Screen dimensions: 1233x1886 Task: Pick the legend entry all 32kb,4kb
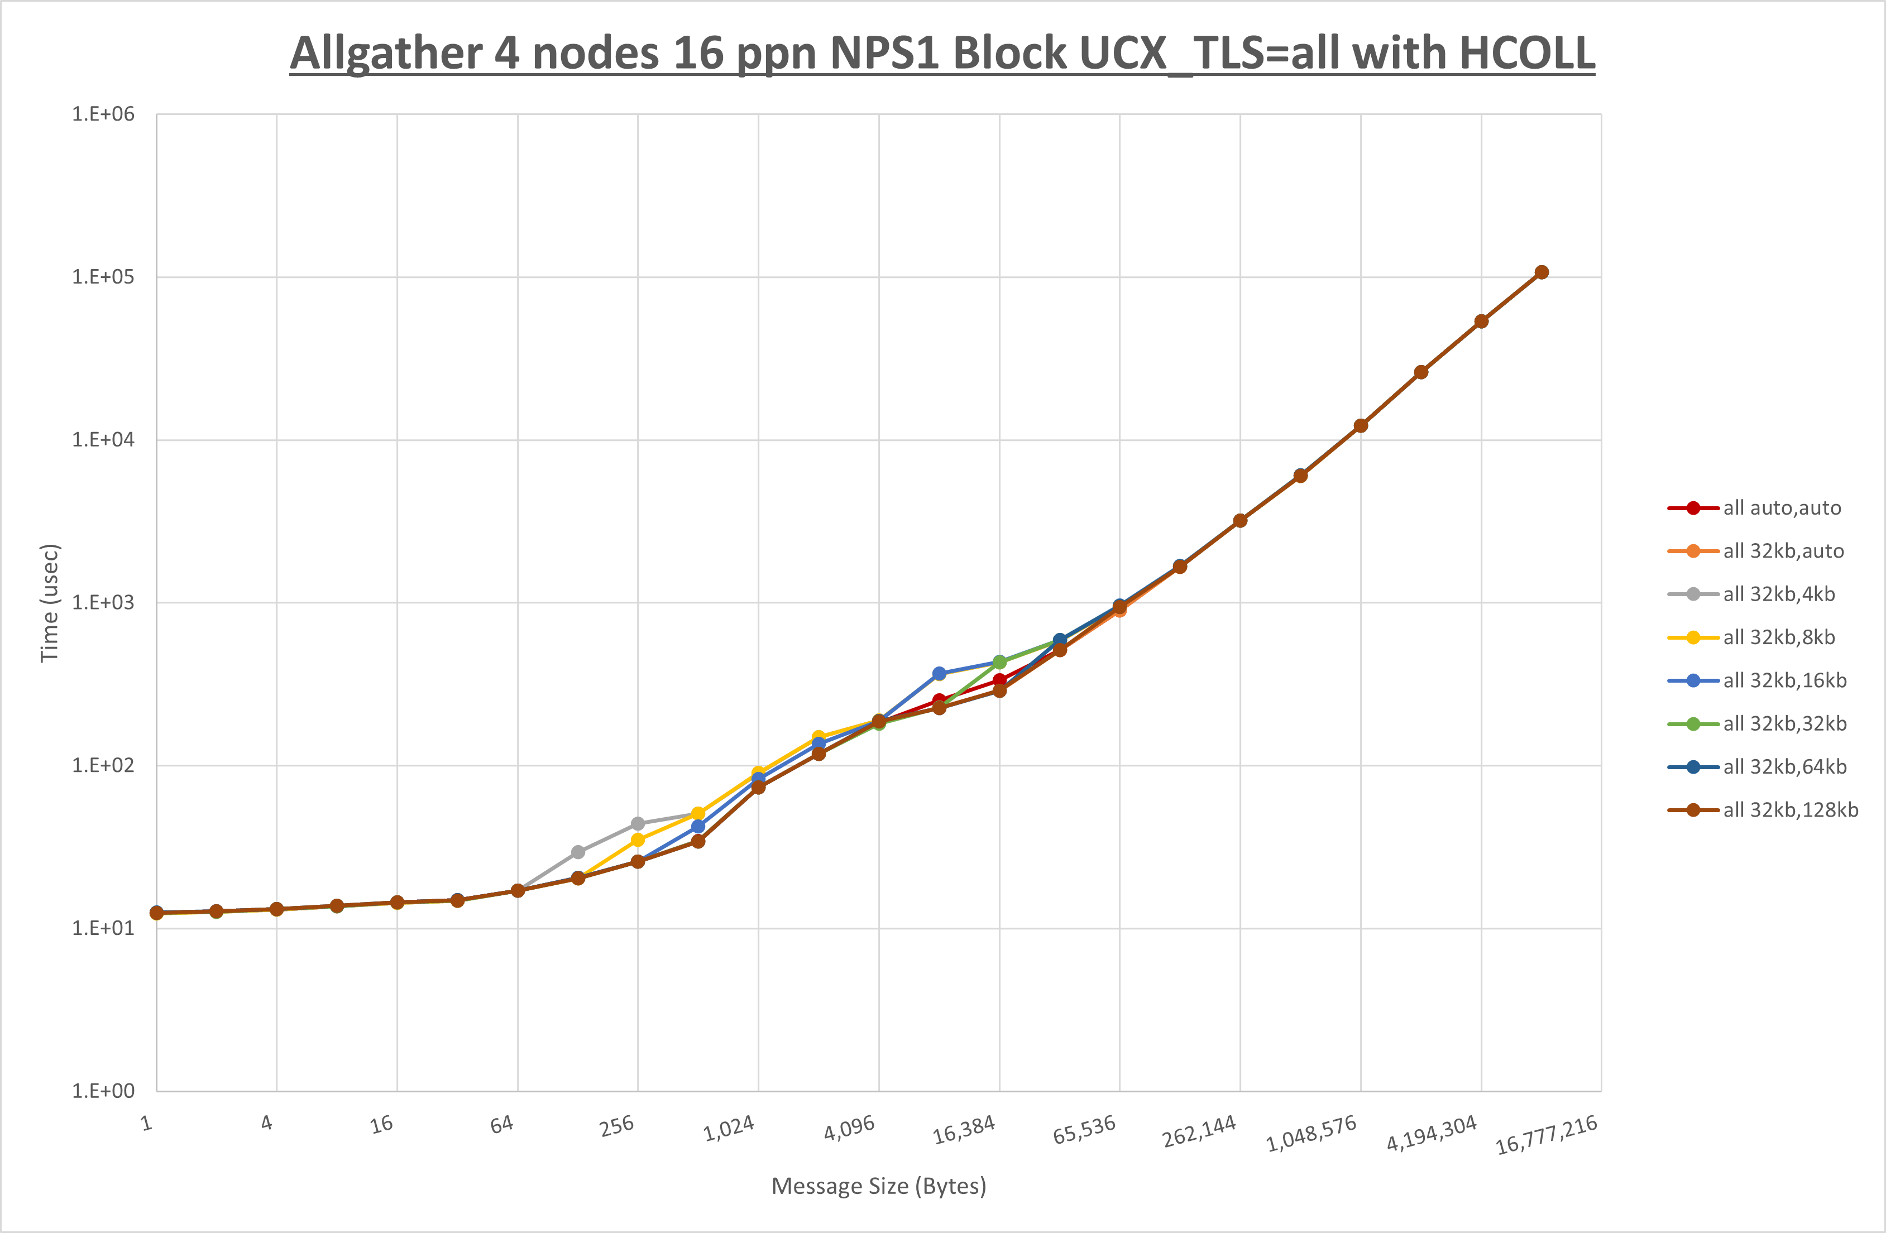[1778, 594]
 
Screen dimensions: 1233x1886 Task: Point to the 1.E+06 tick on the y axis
[103, 114]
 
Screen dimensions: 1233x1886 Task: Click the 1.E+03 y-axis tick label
[103, 602]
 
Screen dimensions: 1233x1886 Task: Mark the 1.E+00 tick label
[103, 1091]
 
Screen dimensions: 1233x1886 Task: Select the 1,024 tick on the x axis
[729, 1128]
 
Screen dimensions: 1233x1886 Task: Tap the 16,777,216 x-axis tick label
[1545, 1135]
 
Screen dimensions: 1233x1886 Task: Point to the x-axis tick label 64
[501, 1124]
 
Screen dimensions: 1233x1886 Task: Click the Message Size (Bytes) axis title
[879, 1186]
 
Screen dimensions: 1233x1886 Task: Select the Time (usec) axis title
[49, 602]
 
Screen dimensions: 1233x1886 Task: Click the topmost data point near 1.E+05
[1542, 272]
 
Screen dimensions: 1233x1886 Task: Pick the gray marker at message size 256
[638, 824]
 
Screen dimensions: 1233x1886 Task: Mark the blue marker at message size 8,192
[939, 674]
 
